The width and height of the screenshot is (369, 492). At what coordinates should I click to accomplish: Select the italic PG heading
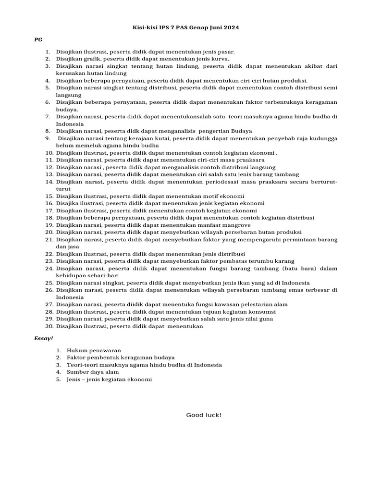[x=38, y=40]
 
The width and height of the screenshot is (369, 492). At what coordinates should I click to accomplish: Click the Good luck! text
[x=204, y=415]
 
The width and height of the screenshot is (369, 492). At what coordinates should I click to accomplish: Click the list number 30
[x=49, y=326]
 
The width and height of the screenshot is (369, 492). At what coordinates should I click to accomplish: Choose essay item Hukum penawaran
[x=94, y=350]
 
